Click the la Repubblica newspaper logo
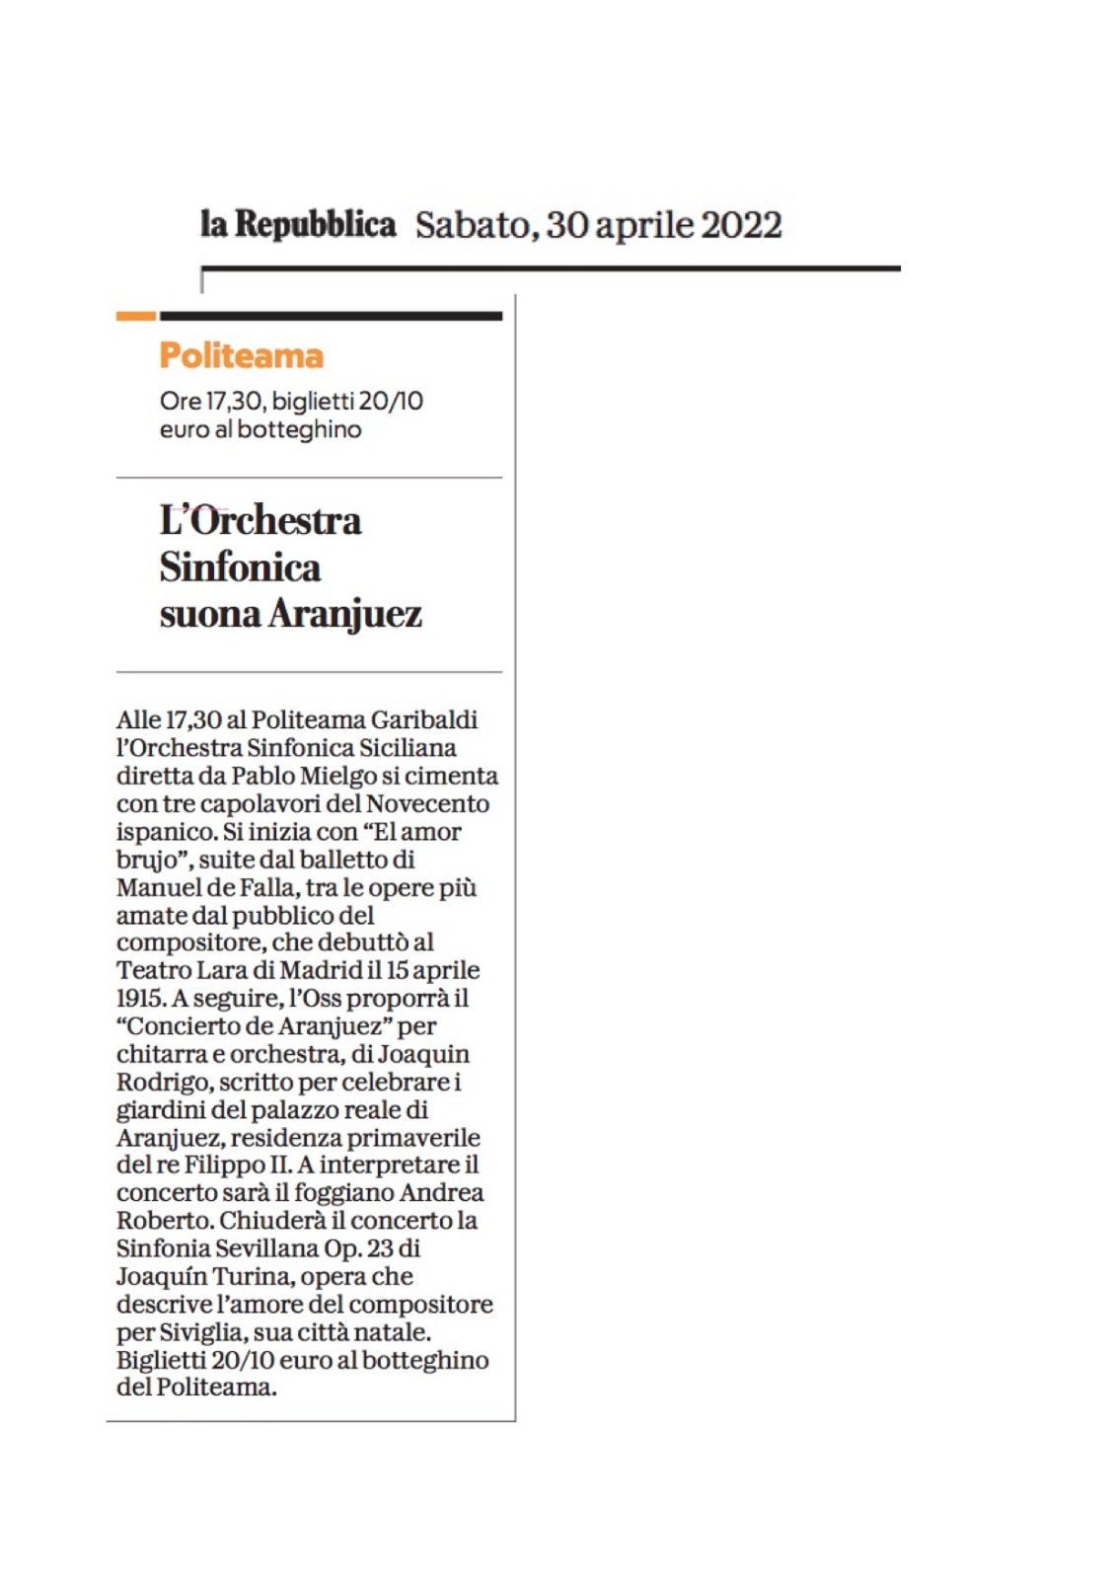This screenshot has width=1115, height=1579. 298,225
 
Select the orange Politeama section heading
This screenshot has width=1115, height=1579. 242,355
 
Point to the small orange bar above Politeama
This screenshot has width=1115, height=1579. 136,316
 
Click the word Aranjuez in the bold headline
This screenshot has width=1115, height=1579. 345,614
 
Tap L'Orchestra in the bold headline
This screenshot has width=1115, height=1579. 260,521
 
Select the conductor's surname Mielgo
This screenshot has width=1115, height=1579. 337,776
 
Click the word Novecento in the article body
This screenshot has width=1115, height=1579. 427,803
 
